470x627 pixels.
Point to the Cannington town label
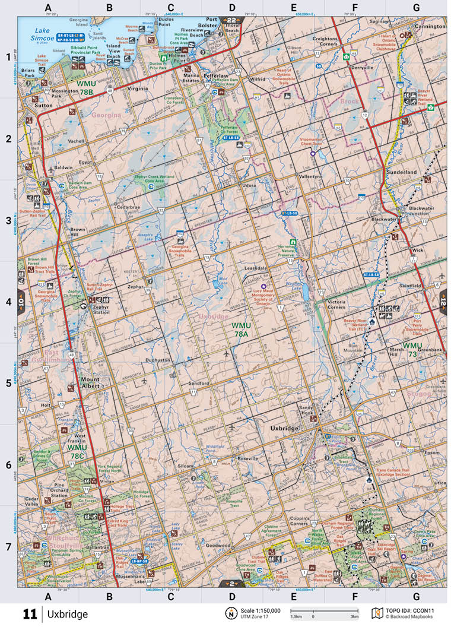pyautogui.click(x=430, y=27)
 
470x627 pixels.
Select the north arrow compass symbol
pyautogui.click(x=229, y=613)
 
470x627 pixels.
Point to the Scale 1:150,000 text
pyautogui.click(x=260, y=610)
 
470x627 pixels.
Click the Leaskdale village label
pyautogui.click(x=256, y=268)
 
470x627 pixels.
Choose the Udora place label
pyautogui.click(x=249, y=185)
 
